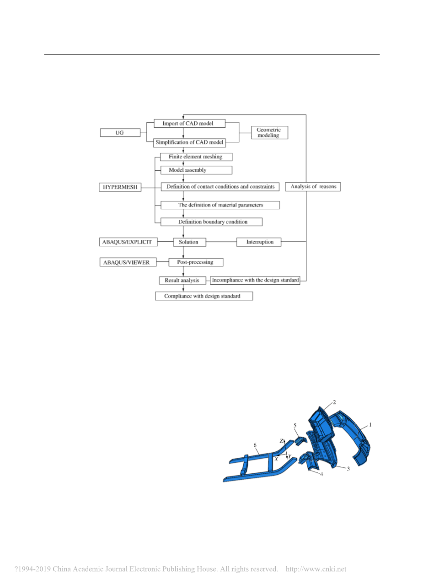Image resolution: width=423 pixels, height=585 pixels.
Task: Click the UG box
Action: tap(120, 132)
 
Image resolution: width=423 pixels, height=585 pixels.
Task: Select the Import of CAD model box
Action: tap(189, 123)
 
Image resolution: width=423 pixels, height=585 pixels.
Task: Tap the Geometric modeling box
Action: tap(269, 132)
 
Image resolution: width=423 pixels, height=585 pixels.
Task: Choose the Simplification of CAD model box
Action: tap(189, 143)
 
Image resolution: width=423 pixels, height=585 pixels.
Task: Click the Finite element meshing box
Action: tap(196, 157)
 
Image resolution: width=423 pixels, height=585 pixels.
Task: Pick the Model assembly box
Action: tap(196, 170)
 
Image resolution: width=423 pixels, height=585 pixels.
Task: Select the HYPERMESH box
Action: tap(120, 187)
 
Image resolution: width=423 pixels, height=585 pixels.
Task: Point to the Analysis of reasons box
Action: tap(313, 186)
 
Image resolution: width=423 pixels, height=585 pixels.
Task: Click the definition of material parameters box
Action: tap(220, 205)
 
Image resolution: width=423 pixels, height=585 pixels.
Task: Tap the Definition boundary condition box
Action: tap(211, 222)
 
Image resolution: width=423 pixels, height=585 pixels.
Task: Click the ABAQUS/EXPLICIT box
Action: tap(129, 242)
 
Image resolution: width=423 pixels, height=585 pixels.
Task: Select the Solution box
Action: tap(190, 242)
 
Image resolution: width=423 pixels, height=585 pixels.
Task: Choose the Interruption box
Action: tap(259, 242)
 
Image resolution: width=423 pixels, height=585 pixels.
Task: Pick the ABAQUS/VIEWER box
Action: tap(128, 262)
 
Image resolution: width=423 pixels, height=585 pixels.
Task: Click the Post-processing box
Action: tap(196, 262)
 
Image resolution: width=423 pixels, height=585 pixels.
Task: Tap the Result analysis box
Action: tap(182, 280)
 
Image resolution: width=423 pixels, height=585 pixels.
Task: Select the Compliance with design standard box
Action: tap(204, 296)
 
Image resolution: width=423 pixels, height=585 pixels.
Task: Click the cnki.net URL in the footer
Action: tap(316, 569)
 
